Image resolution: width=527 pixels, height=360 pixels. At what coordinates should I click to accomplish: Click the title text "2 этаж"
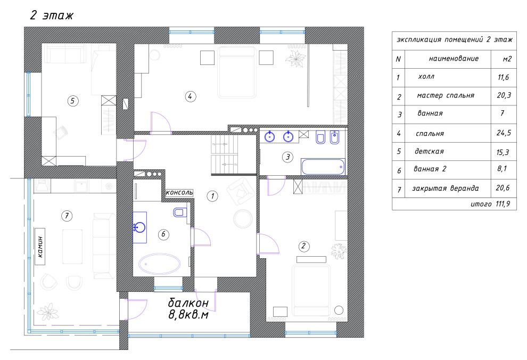pos(52,15)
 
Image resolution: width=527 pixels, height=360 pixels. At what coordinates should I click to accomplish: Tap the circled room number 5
pos(73,101)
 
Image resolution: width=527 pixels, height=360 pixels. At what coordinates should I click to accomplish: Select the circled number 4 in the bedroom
pos(190,96)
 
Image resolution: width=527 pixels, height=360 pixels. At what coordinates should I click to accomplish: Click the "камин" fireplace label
pos(40,247)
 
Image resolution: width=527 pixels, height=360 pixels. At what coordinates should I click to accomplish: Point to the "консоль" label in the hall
pos(179,193)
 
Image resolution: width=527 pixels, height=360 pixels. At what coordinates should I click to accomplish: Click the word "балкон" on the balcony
pos(188,303)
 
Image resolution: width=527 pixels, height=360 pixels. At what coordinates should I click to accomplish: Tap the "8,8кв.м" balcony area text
pos(188,315)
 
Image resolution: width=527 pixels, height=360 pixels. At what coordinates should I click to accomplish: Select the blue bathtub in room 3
pos(323,167)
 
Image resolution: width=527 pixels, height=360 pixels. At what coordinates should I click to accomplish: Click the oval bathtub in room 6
pos(160,264)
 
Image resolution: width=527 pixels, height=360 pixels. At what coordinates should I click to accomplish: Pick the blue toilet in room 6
pos(180,212)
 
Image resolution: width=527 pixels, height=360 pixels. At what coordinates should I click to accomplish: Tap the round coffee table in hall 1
pos(243,219)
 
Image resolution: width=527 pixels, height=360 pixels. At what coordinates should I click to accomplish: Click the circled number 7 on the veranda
pos(67,216)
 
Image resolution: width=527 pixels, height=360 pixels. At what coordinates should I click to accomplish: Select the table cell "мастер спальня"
pos(446,95)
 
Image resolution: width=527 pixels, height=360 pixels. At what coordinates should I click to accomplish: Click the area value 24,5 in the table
pos(504,133)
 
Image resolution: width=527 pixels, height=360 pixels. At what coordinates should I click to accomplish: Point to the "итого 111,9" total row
pos(490,203)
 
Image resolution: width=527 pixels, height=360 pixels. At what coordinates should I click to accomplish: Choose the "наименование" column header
pos(454,59)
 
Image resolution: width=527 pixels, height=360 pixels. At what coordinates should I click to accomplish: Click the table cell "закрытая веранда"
pos(446,188)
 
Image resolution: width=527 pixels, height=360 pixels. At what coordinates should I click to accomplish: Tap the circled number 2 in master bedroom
pos(303,246)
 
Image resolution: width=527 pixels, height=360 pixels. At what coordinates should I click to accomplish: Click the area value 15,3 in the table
pos(503,152)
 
